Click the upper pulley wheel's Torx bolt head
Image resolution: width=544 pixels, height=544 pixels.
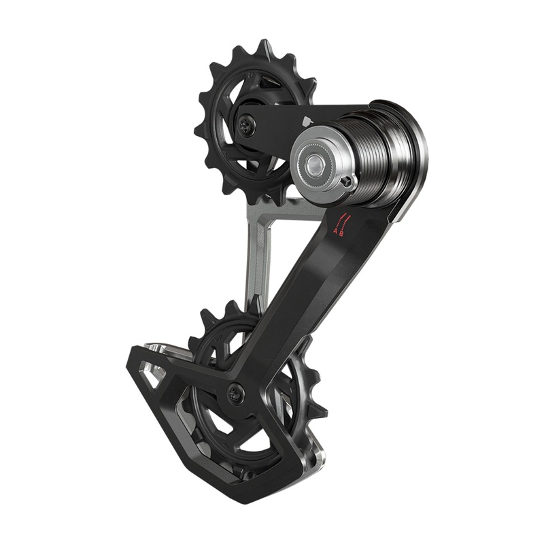pyautogui.click(x=248, y=124)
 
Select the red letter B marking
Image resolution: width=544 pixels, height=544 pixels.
pyautogui.click(x=342, y=233)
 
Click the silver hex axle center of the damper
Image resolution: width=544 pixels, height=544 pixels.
pyautogui.click(x=315, y=163)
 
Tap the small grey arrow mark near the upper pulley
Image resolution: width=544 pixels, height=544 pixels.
pyautogui.click(x=305, y=120)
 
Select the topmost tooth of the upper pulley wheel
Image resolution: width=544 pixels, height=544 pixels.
pyautogui.click(x=260, y=47)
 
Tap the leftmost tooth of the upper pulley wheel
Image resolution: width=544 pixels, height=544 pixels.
pyautogui.click(x=198, y=129)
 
